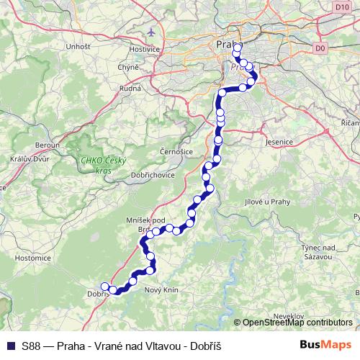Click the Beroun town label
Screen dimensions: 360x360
[x=37, y=144]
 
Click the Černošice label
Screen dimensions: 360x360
[x=175, y=153]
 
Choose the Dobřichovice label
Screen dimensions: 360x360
[x=130, y=175]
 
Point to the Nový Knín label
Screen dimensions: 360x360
[x=161, y=289]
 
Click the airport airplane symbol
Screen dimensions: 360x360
[x=150, y=32]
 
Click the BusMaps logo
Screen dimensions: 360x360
[x=325, y=346]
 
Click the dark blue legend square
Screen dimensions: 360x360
[x=9, y=346]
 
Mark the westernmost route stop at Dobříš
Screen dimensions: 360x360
[x=104, y=287]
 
